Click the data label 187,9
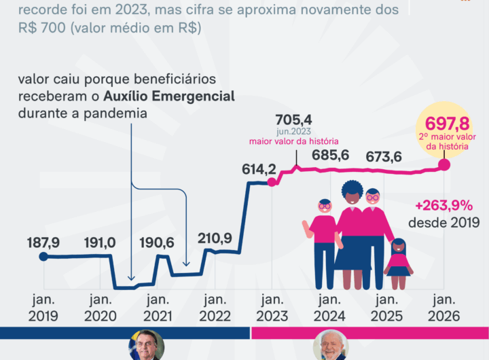(x=43, y=243)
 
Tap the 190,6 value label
(x=156, y=243)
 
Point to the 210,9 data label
(x=214, y=238)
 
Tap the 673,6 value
(x=384, y=157)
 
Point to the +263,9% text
(x=446, y=206)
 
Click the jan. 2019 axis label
(x=43, y=308)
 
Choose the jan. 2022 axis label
(x=214, y=308)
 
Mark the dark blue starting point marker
(x=43, y=257)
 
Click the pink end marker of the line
(x=445, y=164)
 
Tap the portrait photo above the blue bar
(x=146, y=347)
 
